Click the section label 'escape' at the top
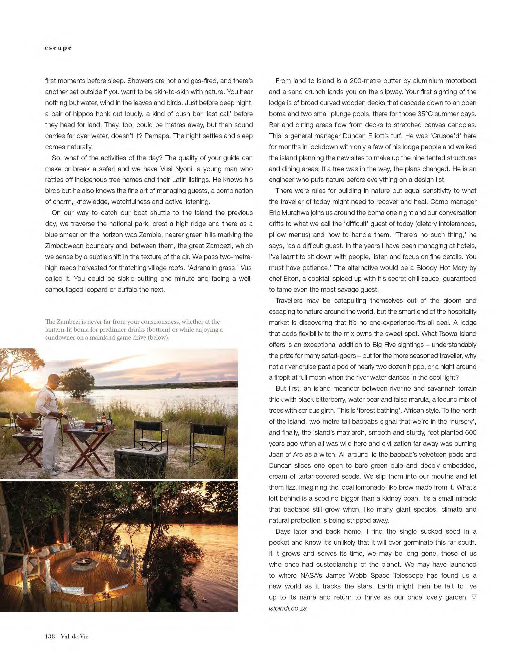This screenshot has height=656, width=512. tap(58, 48)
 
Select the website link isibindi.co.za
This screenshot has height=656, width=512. tap(288, 608)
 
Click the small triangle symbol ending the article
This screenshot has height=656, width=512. tap(474, 598)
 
